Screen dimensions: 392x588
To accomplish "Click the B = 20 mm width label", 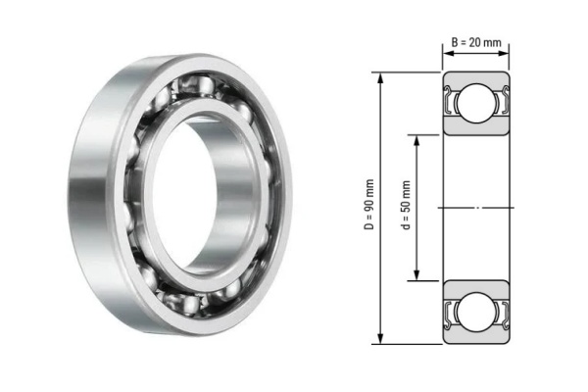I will click(477, 42).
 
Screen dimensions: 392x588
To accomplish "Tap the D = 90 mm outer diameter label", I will click(368, 209).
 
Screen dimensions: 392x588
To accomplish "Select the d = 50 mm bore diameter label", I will click(406, 209).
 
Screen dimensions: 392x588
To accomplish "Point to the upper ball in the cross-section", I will click(477, 102).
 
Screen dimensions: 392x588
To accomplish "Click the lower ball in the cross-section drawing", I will click(477, 313).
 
